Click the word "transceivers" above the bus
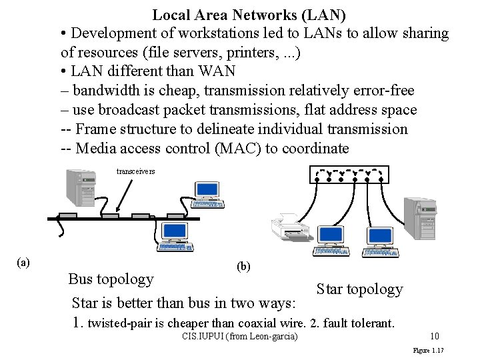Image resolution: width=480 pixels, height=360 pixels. (x=135, y=171)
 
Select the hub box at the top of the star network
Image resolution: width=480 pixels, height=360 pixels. (x=349, y=174)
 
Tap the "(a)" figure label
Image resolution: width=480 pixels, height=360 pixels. (x=23, y=262)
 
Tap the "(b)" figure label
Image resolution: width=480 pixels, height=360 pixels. (x=243, y=266)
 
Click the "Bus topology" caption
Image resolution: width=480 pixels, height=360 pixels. (x=111, y=279)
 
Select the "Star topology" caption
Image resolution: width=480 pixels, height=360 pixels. (x=359, y=289)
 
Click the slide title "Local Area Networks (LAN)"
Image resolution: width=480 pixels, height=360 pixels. (x=249, y=14)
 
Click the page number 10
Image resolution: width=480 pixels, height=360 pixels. (x=434, y=336)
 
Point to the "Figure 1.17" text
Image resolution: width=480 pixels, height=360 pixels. (x=429, y=350)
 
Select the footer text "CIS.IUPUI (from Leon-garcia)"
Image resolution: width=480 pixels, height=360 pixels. (x=239, y=336)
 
